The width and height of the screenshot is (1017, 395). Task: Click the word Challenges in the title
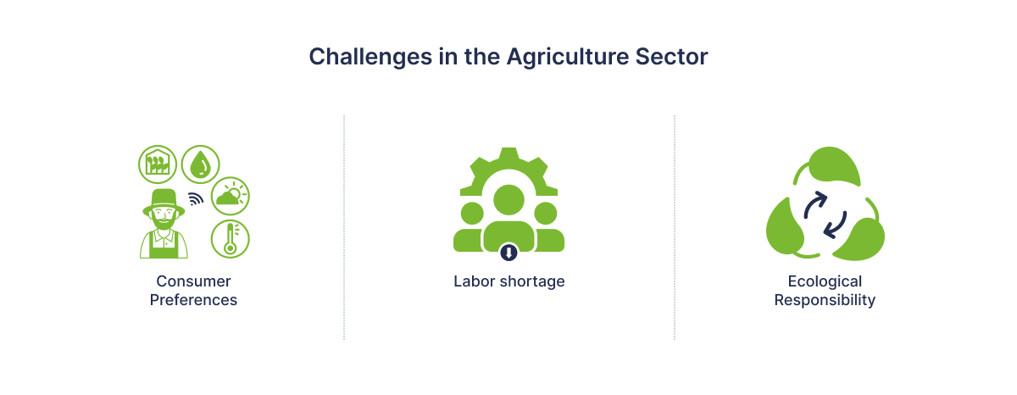pos(370,58)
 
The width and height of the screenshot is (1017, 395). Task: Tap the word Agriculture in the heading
pos(567,58)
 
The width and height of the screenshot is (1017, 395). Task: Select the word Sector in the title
pos(671,57)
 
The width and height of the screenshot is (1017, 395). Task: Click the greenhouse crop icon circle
pos(158,164)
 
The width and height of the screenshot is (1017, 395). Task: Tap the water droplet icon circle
pos(200,164)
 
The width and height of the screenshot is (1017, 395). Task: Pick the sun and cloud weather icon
pos(231,196)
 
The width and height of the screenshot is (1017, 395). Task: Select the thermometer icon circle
pos(231,239)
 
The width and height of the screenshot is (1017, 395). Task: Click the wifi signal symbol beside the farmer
pos(196,199)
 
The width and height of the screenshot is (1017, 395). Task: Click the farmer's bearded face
pos(164,218)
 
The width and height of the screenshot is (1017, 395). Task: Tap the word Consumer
pos(193,281)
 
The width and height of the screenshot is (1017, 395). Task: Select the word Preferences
pos(193,300)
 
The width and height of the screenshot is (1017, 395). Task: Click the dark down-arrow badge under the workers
pos(509,252)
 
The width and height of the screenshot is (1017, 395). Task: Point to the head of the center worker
pos(509,200)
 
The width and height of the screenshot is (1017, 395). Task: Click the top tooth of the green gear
pos(509,153)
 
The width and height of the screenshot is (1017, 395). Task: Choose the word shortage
pos(532,281)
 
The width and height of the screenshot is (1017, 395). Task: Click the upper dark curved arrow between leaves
pos(814,204)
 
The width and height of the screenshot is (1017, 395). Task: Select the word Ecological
pos(825,281)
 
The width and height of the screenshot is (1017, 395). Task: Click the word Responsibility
pos(825,300)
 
